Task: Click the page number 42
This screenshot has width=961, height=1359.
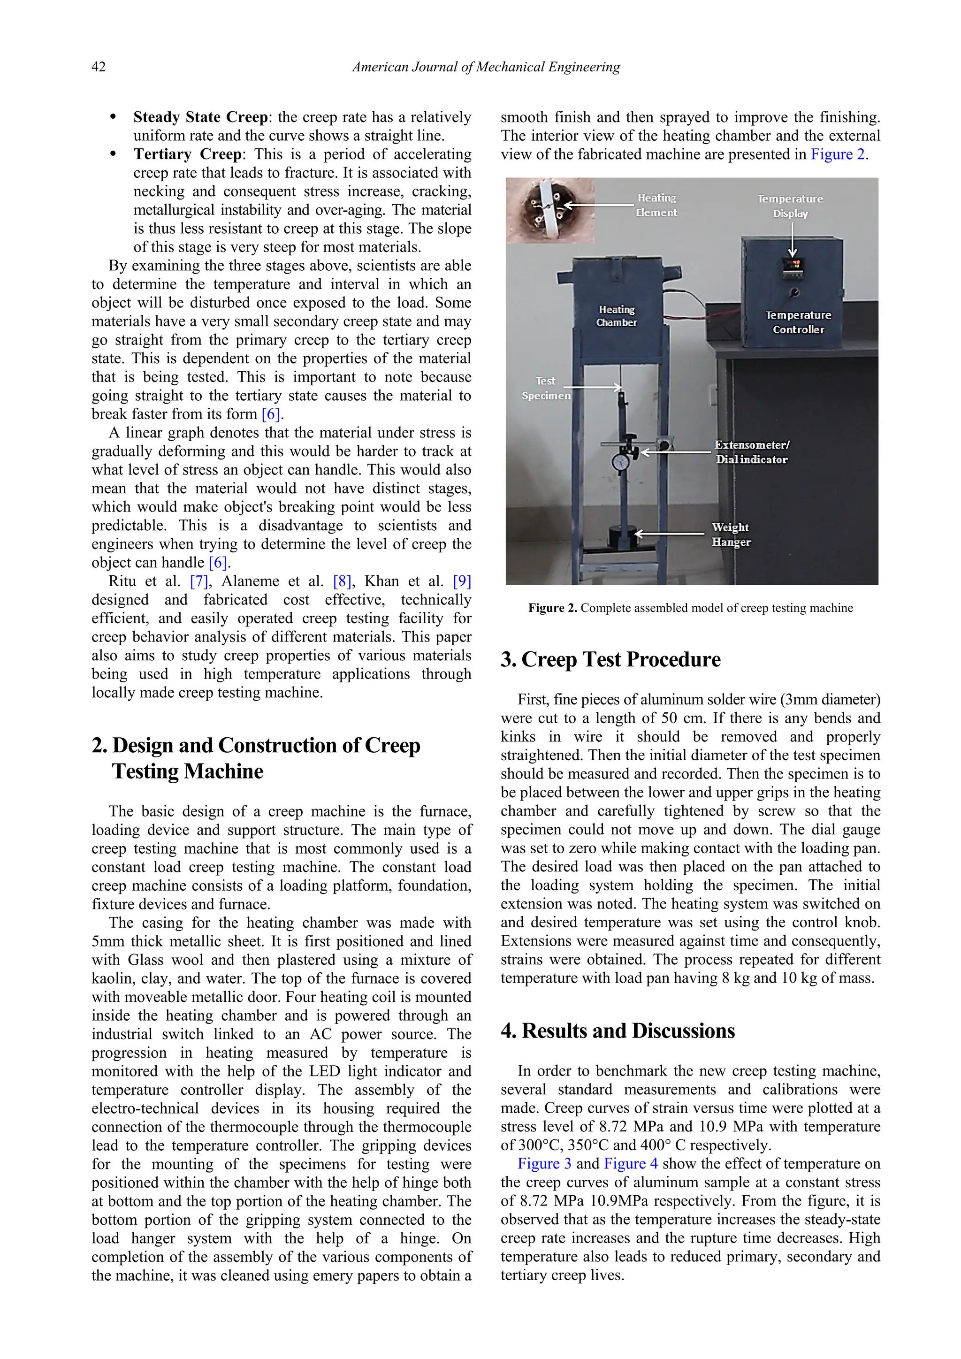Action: point(99,67)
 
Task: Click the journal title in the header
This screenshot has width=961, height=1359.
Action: point(486,68)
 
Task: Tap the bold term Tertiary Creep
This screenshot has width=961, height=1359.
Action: point(188,154)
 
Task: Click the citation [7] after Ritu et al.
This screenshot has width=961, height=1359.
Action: point(199,581)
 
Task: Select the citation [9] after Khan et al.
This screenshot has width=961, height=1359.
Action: point(462,581)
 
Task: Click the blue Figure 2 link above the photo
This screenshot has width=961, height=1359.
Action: point(837,154)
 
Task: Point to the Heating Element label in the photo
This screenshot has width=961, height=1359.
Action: point(656,205)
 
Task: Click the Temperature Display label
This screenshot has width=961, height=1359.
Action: point(790,206)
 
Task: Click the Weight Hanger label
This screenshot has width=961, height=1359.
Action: point(731,534)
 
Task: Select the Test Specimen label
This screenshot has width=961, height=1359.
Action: point(546,388)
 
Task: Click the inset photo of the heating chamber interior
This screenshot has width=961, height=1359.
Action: point(550,210)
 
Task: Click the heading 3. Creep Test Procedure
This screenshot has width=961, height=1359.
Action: point(610,659)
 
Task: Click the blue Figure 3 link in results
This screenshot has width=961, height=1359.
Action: point(544,1164)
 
